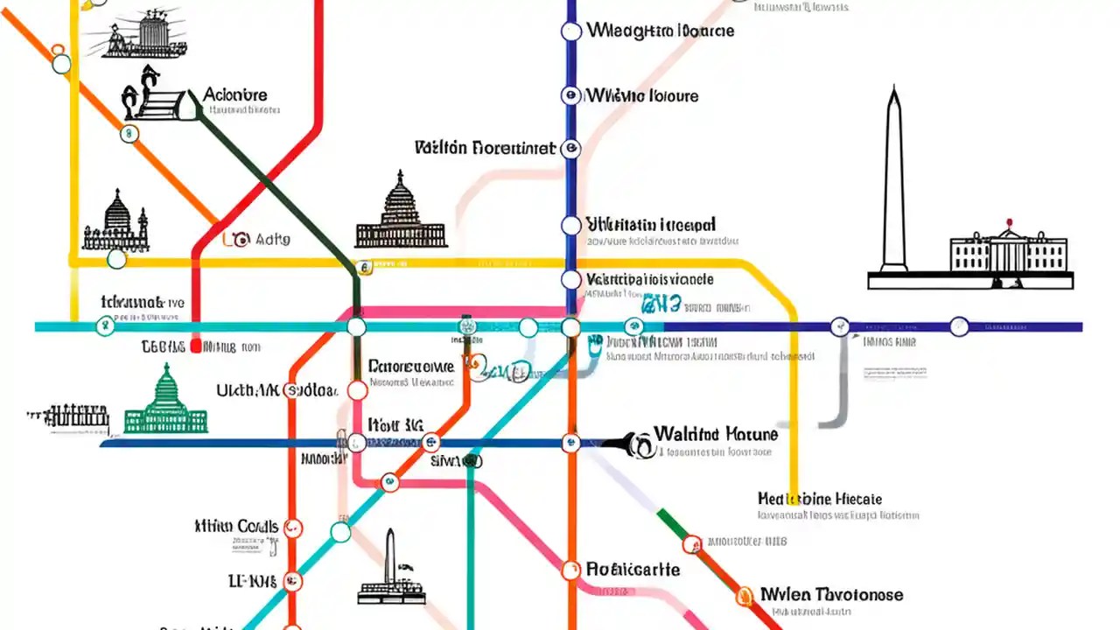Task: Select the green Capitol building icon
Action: pos(166,402)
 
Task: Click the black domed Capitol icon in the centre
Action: pos(401,213)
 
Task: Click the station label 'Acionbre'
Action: pos(234,94)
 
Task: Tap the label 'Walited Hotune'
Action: pos(715,434)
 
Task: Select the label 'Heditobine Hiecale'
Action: pos(819,498)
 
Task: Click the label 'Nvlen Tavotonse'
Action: pos(831,594)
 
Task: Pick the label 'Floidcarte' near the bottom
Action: pos(633,569)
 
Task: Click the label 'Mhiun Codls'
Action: pos(236,526)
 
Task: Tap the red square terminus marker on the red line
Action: pos(196,346)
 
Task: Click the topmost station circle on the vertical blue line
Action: pos(570,32)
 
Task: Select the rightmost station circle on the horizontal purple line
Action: pos(959,326)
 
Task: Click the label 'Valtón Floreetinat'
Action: pos(485,147)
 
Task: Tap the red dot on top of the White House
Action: pos(1009,222)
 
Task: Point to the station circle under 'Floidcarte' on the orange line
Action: pos(570,571)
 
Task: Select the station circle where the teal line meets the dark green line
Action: pos(356,327)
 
